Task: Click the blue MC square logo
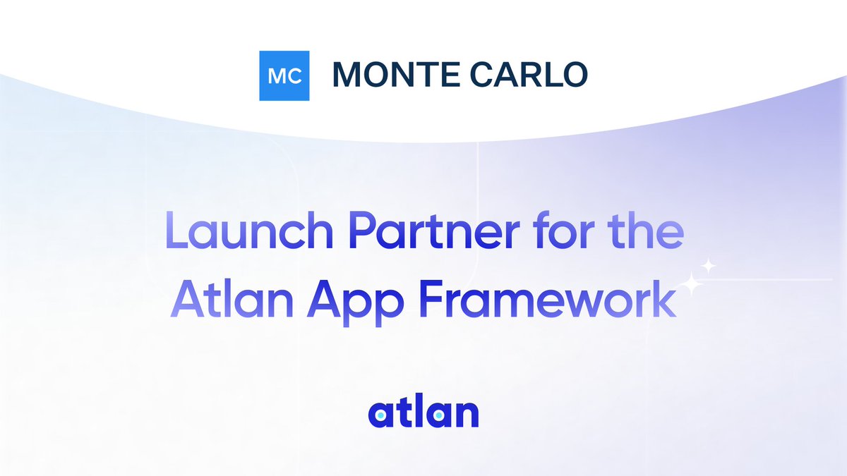click(x=284, y=75)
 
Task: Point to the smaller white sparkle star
click(x=709, y=267)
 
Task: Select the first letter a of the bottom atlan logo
click(x=379, y=417)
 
